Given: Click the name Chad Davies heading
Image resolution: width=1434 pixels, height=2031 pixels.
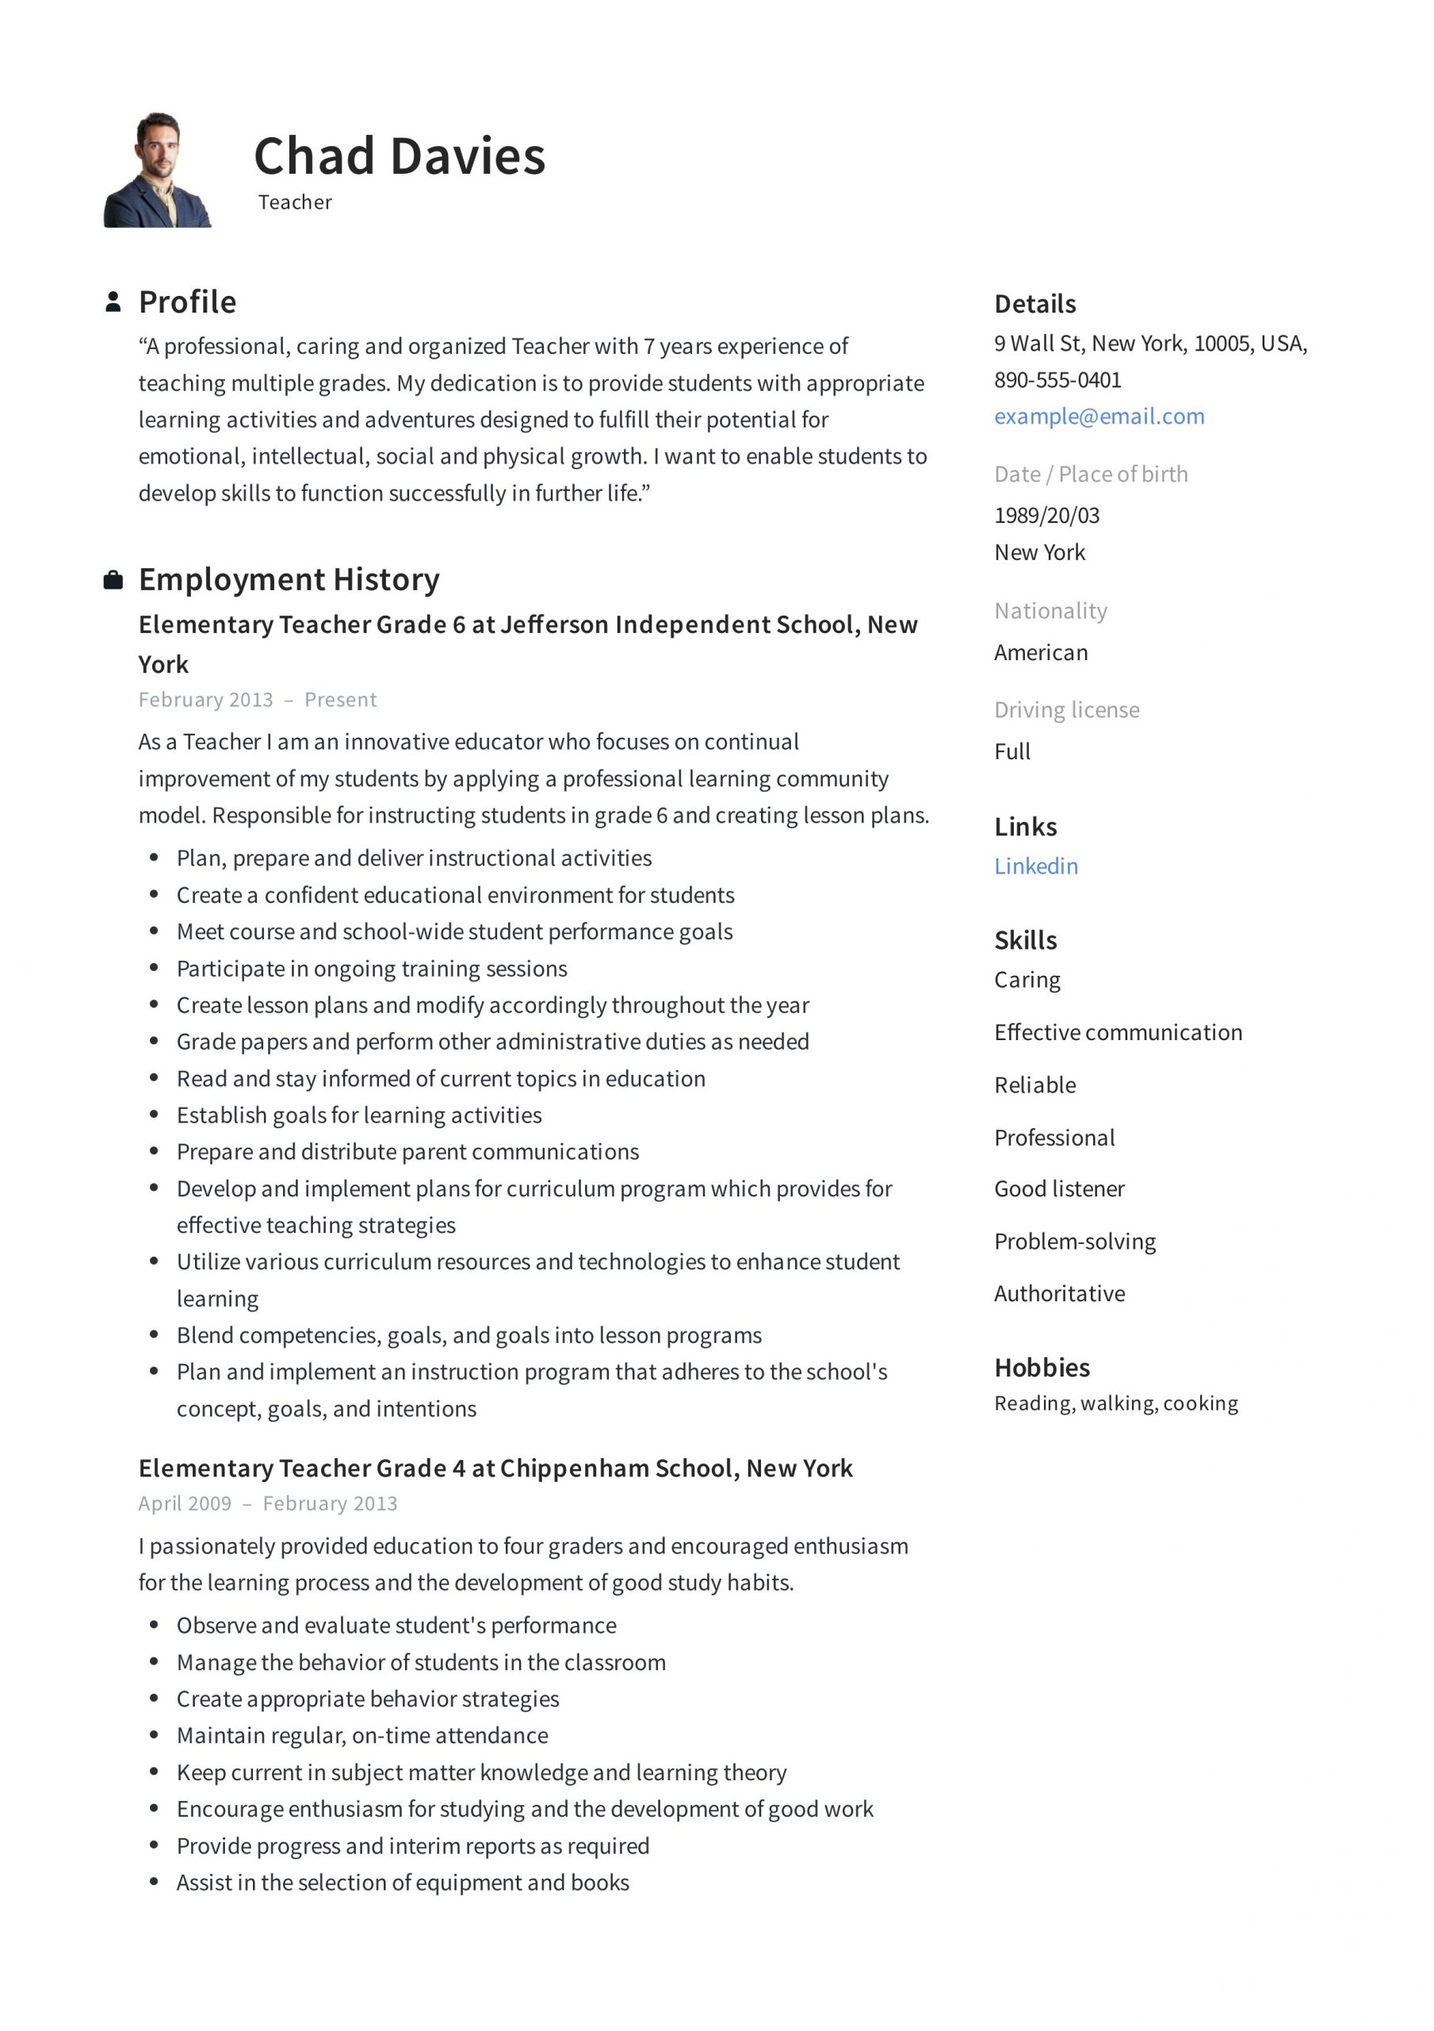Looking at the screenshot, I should point(399,156).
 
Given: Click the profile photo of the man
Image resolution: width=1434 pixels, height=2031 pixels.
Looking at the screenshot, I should point(158,170).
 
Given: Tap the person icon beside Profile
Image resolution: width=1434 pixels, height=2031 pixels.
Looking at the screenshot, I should point(113,301).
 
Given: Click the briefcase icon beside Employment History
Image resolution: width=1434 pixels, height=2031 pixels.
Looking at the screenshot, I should point(113,580).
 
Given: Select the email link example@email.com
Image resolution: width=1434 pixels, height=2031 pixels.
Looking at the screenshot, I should point(1099,417).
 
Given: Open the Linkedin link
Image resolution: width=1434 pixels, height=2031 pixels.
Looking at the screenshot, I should point(1035,866).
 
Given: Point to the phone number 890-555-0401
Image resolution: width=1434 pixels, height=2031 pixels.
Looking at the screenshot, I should point(1057,380).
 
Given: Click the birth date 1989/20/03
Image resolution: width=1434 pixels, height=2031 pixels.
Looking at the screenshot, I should point(1047,516).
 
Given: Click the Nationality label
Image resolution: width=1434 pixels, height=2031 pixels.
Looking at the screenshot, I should point(1050,611).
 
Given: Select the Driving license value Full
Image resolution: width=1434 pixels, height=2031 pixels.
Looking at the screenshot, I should point(1012,752).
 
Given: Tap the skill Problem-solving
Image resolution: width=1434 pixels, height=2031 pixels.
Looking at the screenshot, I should point(1074,1242).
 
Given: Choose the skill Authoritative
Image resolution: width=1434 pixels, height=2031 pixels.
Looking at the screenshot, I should point(1059,1294).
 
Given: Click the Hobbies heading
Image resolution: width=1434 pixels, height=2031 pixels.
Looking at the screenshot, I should point(1042,1368).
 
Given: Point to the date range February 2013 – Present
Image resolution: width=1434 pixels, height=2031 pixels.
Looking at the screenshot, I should point(258,700).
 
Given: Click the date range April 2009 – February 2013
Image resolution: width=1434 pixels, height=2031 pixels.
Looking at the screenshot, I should point(268,1503).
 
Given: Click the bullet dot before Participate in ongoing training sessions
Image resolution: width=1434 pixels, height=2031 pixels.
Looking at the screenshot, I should point(155,969).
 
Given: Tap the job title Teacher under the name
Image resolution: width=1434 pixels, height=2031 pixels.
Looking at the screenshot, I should point(294,202).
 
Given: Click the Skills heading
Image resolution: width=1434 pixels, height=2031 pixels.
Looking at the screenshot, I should point(1026,940).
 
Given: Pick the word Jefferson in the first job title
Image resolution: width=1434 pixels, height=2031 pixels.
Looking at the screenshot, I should point(554,625).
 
